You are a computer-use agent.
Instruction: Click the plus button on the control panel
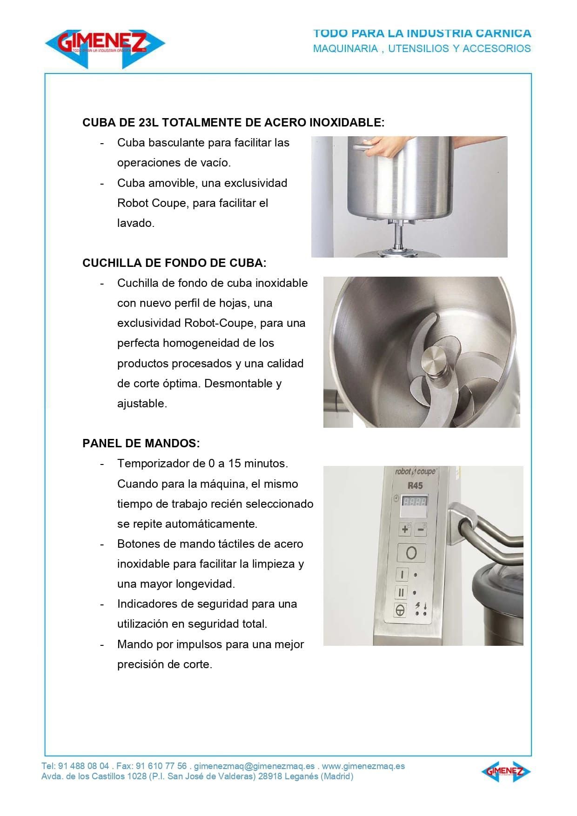tap(405, 529)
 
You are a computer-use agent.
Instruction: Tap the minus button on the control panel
tap(421, 529)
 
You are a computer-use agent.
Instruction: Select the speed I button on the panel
tap(402, 575)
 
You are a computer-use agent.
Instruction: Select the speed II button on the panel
tap(401, 592)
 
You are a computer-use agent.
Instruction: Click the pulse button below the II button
tap(400, 610)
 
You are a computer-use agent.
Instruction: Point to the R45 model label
tap(415, 485)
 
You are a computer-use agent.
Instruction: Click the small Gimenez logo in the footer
tap(506, 772)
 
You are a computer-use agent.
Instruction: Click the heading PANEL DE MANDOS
tap(141, 443)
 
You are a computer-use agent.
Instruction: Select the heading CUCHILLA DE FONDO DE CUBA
tap(174, 263)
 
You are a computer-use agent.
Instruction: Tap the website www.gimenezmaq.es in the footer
tap(363, 766)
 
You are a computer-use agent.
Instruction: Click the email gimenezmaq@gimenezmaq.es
tap(254, 766)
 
